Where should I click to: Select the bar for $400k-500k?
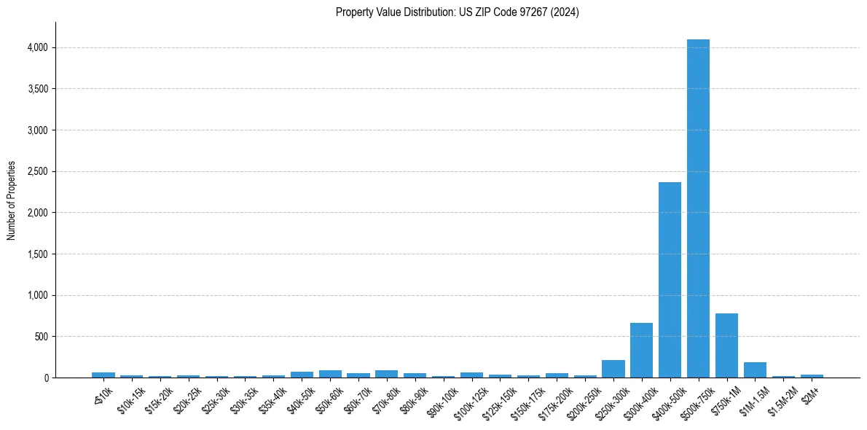[670, 280]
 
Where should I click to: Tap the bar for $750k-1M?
[726, 345]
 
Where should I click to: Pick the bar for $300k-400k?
[641, 351]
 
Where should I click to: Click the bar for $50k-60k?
[330, 374]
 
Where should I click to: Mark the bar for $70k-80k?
[386, 374]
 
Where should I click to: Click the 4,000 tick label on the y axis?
[36, 47]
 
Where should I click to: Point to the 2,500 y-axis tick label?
[36, 171]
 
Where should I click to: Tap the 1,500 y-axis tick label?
[36, 254]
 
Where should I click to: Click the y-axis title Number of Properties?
[12, 200]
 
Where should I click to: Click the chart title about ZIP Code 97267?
[457, 12]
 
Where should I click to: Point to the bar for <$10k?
[103, 375]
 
